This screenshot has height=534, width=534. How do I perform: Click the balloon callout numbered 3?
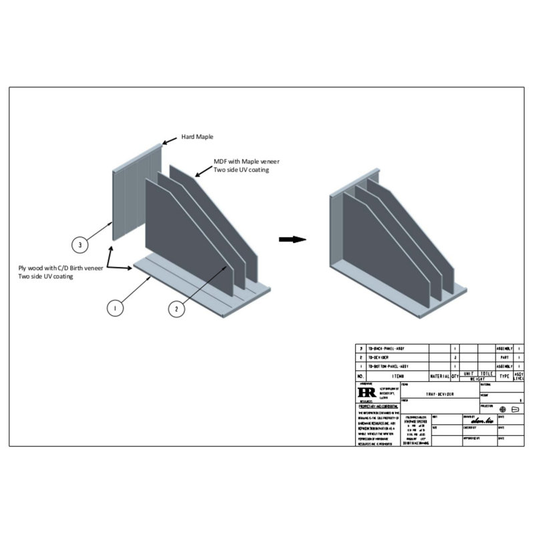coord(80,245)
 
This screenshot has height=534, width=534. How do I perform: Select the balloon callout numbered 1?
coord(116,308)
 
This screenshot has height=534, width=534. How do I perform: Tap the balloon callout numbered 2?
coord(176,308)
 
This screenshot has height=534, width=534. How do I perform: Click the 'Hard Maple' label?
coord(198,137)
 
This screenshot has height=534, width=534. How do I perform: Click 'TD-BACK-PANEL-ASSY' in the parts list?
coord(388,348)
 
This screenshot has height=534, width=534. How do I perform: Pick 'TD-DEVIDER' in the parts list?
coord(381,358)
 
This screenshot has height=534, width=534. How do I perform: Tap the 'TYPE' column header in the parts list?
coord(505,376)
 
